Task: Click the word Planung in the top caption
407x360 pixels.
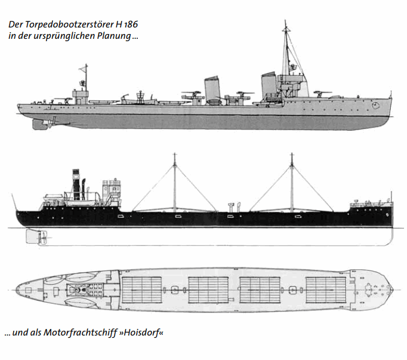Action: click(x=114, y=36)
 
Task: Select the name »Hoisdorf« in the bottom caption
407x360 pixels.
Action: click(x=141, y=333)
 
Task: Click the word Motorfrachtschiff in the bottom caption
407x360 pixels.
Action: click(x=80, y=333)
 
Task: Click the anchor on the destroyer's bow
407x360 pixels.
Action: click(x=375, y=105)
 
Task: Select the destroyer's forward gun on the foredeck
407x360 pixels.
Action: click(x=322, y=94)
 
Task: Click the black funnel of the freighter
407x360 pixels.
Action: click(x=76, y=184)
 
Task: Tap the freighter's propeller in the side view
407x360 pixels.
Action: click(x=44, y=238)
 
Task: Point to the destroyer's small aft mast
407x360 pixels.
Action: click(x=86, y=78)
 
